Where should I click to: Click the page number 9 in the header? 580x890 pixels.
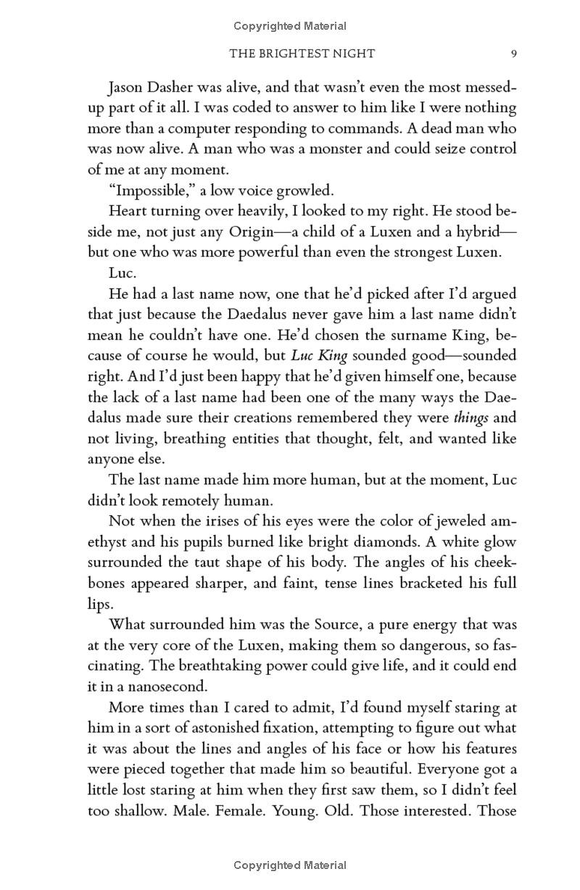[513, 54]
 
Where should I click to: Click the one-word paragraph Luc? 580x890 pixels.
[120, 273]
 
